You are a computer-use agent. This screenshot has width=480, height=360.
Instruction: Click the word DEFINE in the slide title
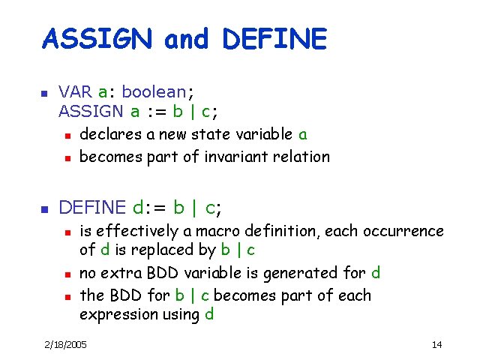(274, 39)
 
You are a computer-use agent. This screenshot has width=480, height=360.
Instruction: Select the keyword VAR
(75, 92)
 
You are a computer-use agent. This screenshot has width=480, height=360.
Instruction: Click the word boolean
(153, 92)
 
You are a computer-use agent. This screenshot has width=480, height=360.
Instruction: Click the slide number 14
(436, 344)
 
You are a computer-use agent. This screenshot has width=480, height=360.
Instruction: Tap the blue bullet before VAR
(43, 94)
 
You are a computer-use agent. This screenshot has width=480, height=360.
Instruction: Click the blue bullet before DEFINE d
(43, 208)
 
